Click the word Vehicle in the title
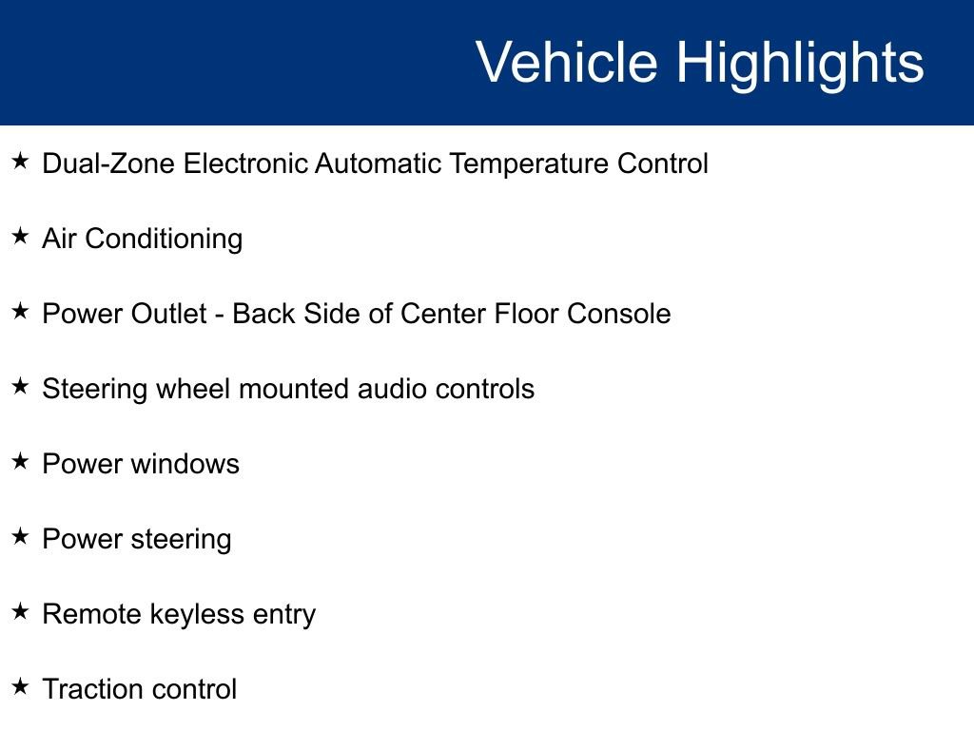pyautogui.click(x=566, y=63)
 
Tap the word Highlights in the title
pyautogui.click(x=800, y=63)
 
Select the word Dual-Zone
pyautogui.click(x=108, y=163)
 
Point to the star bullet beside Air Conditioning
pyautogui.click(x=20, y=237)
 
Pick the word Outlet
pyautogui.click(x=169, y=314)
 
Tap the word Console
pyautogui.click(x=619, y=314)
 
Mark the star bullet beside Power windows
pyautogui.click(x=20, y=462)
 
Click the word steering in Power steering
pyautogui.click(x=181, y=540)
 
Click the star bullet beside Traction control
pyautogui.click(x=20, y=686)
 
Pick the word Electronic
pyautogui.click(x=245, y=163)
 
